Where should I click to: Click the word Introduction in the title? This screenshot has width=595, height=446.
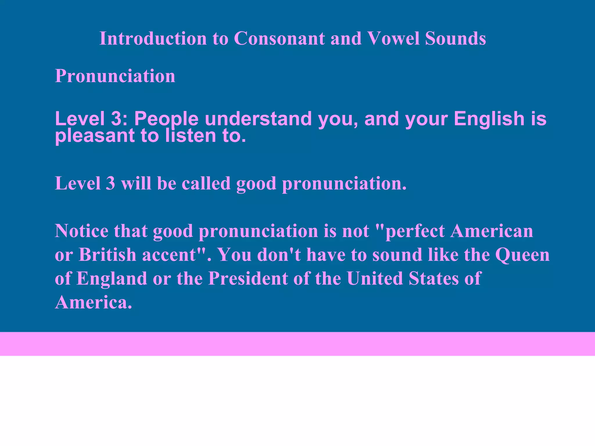click(153, 38)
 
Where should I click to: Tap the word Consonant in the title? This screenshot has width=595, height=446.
click(279, 38)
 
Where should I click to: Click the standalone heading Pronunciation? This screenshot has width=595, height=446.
click(115, 76)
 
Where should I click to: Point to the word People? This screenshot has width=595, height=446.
click(166, 119)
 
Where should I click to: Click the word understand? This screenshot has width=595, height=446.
click(258, 119)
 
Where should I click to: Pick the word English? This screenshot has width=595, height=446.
click(489, 119)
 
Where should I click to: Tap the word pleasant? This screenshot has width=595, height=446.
click(95, 136)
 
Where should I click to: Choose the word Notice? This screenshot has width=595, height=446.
click(81, 231)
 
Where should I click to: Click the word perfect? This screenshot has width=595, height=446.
click(415, 231)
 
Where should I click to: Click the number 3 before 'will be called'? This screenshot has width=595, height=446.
click(110, 184)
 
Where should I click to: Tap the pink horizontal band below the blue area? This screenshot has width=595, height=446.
click(297, 344)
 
